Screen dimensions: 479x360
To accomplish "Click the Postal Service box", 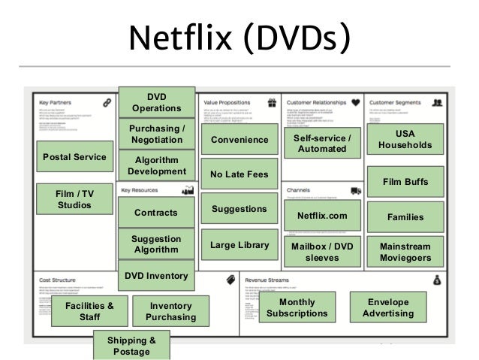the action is click(x=75, y=157).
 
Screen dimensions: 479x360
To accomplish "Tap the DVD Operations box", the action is click(x=156, y=103).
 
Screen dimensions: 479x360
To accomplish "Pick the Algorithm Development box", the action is click(x=156, y=165).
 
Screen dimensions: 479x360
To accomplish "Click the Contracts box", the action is click(x=155, y=213).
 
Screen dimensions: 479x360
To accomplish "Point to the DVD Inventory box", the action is click(x=156, y=276).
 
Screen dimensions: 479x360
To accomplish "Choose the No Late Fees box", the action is click(x=239, y=174).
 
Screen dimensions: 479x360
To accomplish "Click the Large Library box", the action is click(x=239, y=244).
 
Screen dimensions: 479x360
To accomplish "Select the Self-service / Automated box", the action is click(x=322, y=143).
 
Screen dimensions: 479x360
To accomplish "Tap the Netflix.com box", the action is click(x=322, y=216).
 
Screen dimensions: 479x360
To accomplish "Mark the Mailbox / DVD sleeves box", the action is click(x=322, y=252).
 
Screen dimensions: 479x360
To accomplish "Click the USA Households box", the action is click(x=405, y=139).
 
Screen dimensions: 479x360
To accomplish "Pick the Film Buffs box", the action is click(x=405, y=181).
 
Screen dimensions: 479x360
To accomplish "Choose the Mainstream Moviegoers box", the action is click(x=405, y=252).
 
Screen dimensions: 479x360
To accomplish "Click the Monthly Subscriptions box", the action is click(x=297, y=307).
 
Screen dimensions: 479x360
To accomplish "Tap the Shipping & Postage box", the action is click(x=131, y=346).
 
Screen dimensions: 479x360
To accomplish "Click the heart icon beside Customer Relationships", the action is click(x=355, y=101).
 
